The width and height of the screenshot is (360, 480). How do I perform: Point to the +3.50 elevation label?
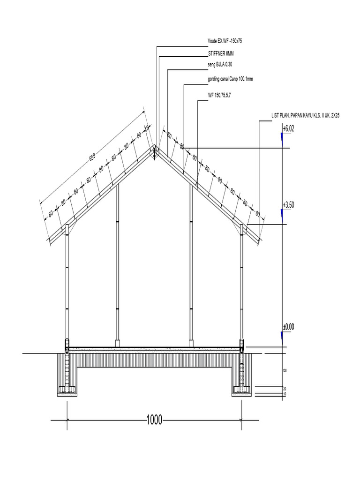click(x=288, y=205)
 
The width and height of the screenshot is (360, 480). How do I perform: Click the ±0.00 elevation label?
click(x=288, y=327)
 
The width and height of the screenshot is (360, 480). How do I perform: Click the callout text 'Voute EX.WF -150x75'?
click(x=225, y=42)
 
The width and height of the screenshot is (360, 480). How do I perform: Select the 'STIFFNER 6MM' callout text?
click(x=221, y=54)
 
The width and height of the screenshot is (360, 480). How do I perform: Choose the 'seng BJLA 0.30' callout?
click(x=220, y=65)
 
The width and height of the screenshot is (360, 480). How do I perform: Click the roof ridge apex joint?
click(x=155, y=150)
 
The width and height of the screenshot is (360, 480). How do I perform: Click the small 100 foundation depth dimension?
click(x=284, y=370)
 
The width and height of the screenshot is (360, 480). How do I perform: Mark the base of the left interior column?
click(x=118, y=343)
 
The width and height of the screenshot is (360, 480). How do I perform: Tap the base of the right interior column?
click(x=191, y=343)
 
